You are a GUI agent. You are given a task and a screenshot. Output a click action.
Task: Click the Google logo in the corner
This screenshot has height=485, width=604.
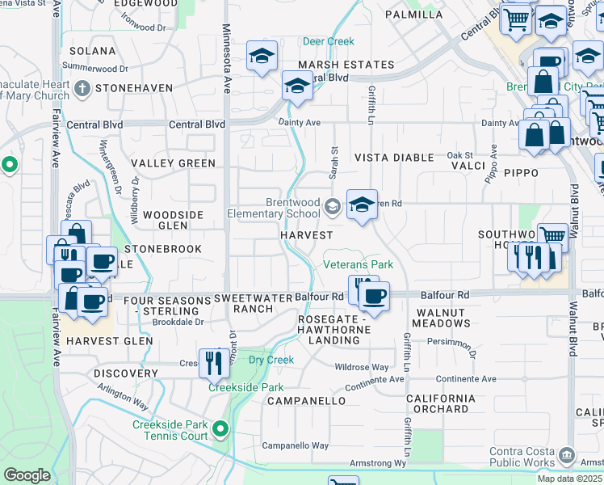[x=27, y=475]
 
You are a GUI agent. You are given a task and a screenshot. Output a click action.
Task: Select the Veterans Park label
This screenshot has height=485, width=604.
[x=358, y=264]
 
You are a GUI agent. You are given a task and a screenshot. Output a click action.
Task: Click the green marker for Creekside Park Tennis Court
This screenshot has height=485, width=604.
[x=220, y=428]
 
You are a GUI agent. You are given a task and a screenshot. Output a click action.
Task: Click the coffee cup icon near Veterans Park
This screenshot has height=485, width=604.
[x=374, y=297]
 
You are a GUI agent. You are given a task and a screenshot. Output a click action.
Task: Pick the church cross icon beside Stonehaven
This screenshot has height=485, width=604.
[x=82, y=87]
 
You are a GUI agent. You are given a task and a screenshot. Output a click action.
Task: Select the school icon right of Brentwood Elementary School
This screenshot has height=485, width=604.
[x=362, y=205]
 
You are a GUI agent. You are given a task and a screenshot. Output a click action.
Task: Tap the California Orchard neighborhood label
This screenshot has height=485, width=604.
[x=440, y=403]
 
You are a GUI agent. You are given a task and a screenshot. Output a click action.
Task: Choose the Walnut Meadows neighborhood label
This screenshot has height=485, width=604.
[x=441, y=317]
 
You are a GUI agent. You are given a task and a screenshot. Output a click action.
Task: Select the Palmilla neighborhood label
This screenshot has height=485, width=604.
[x=413, y=15]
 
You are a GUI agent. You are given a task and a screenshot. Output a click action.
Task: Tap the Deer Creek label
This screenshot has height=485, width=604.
[x=328, y=41]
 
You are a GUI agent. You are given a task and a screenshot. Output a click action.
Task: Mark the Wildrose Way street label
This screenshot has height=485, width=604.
[x=362, y=366]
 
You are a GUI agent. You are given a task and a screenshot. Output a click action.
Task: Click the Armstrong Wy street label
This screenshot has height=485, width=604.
[x=378, y=463]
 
